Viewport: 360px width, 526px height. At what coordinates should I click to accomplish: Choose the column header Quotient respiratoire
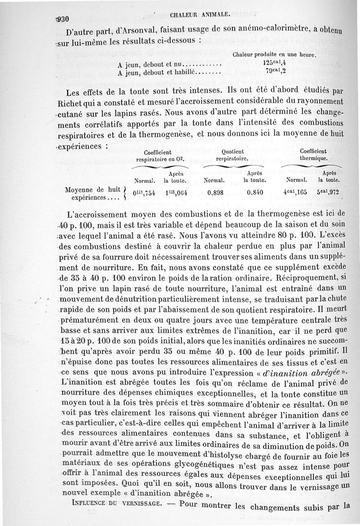coord(233,155)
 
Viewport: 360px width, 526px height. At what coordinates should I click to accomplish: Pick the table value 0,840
coord(255,192)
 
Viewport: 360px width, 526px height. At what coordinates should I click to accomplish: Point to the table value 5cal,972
coord(328,192)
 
